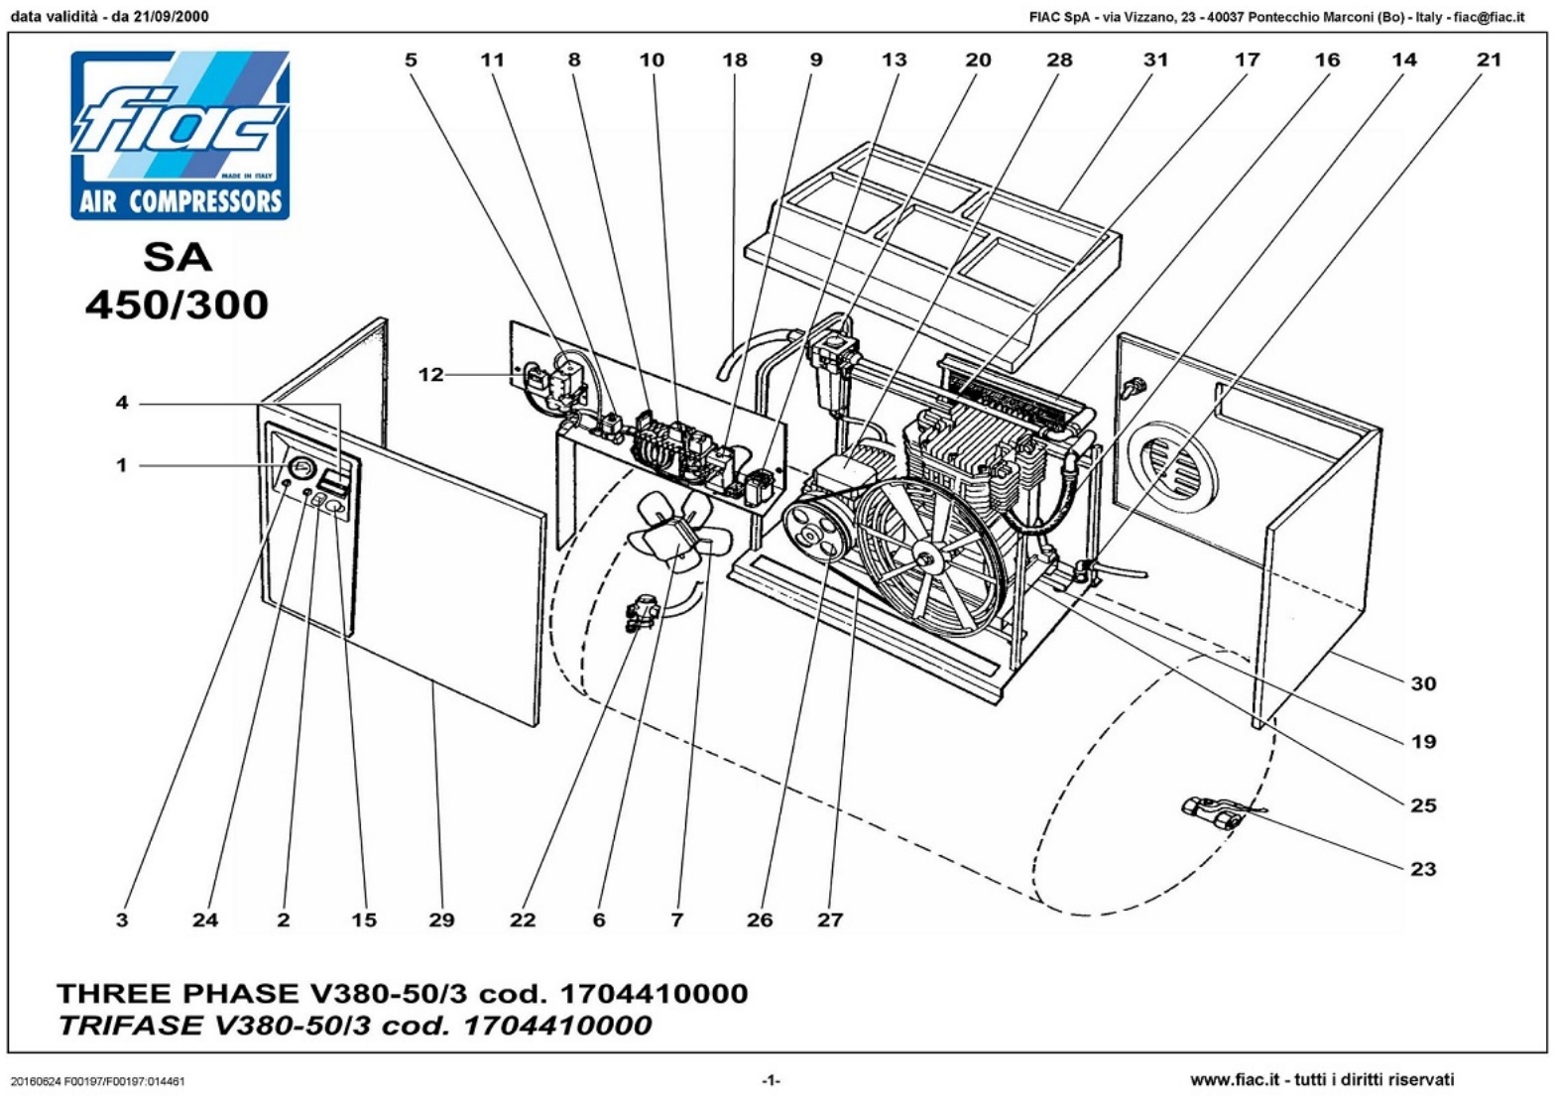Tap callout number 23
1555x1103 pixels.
click(1423, 869)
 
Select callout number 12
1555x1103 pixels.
click(430, 375)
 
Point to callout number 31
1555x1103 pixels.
click(1156, 60)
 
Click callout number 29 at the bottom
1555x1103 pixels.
click(441, 920)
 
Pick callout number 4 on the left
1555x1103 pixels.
click(122, 403)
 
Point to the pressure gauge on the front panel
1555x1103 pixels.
click(299, 468)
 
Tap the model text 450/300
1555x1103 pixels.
click(177, 304)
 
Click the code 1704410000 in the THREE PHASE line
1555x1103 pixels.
click(654, 993)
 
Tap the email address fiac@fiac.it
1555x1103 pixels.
click(1489, 16)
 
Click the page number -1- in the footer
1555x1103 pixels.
click(771, 1079)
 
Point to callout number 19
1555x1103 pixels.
click(1423, 742)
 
